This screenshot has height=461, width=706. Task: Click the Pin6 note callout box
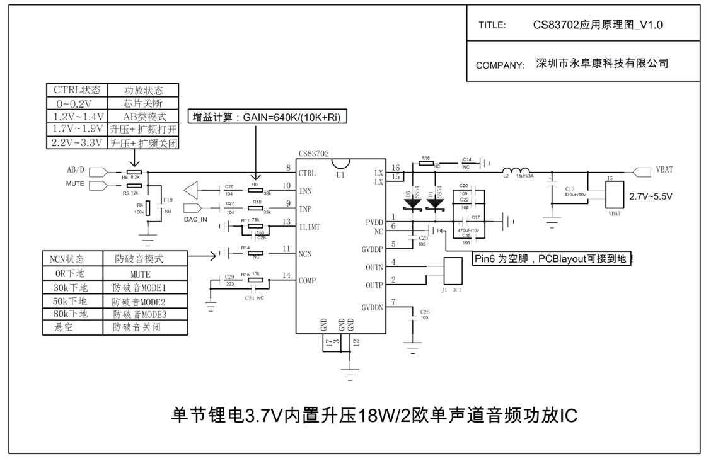(553, 259)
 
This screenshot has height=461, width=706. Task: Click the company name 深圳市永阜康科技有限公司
(601, 64)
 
